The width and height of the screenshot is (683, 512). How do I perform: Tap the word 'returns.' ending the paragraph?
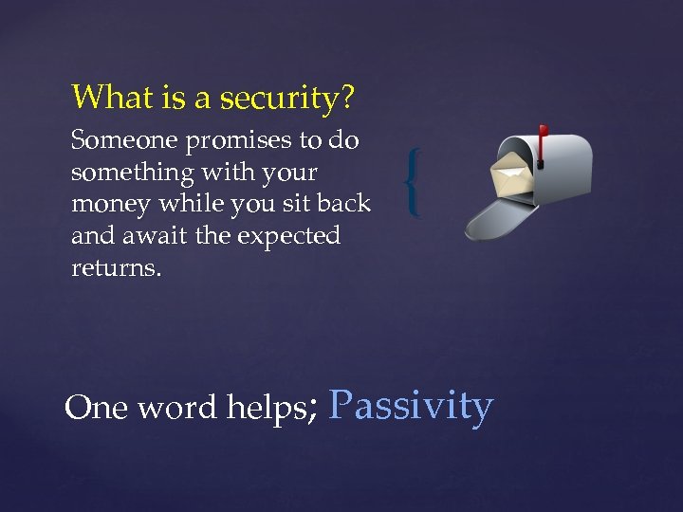coord(117,268)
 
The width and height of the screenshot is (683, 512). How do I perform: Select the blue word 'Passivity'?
coord(411,406)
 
